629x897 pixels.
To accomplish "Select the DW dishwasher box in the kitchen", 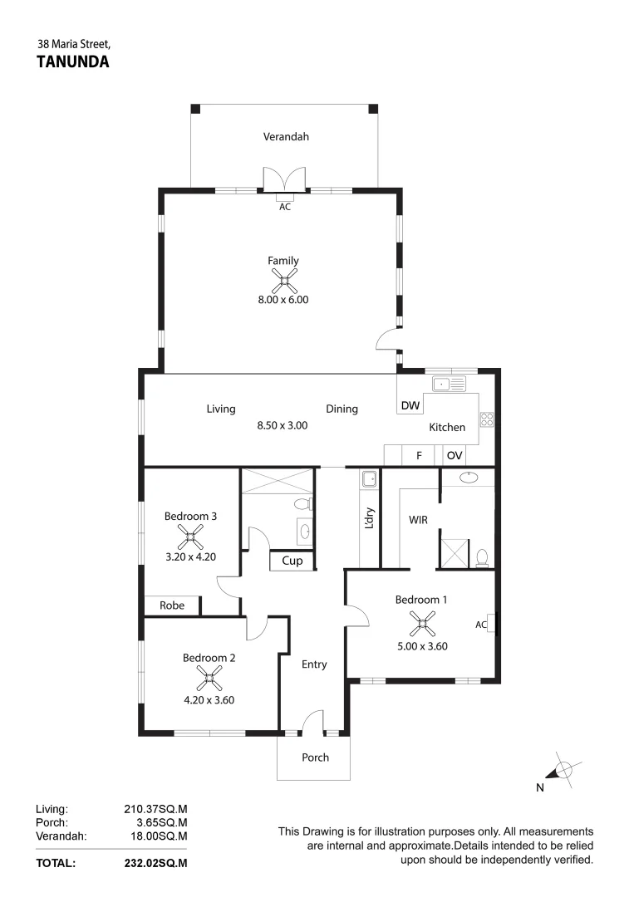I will pos(410,405).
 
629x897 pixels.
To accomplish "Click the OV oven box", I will pos(455,455).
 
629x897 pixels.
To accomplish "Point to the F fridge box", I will pos(419,455).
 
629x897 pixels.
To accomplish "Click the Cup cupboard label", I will pos(292,561).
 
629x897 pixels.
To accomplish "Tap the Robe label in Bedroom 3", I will pos(172,605).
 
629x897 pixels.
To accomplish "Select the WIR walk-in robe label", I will pos(418,521).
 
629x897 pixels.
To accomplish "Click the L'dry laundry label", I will pos(370,520).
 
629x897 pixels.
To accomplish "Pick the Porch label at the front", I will pos(315,757).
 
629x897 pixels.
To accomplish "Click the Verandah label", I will pos(286,136).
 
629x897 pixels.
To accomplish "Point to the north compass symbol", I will pos(563,772).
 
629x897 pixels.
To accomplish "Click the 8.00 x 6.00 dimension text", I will pos(283,300).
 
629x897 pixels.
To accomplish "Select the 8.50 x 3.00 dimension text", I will pos(283,424).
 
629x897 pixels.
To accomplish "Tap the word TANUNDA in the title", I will pos(74,61).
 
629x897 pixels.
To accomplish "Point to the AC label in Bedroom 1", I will pos(481,624).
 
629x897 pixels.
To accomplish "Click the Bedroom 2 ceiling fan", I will pos(209,680).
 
